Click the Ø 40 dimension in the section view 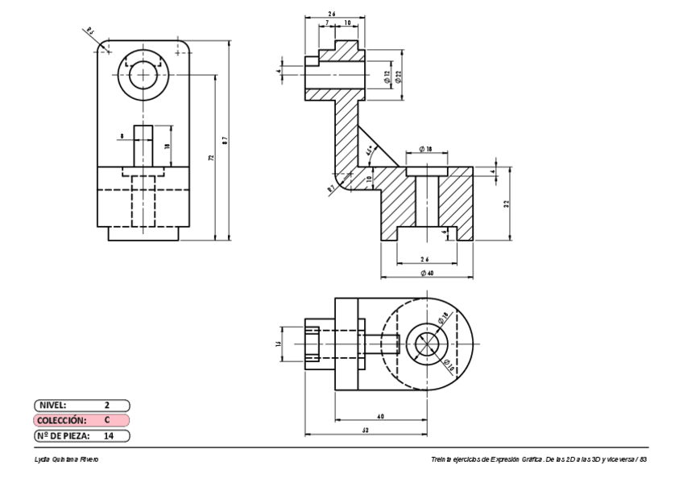click(x=426, y=274)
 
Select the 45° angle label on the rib click(x=370, y=150)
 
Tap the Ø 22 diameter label click(x=399, y=77)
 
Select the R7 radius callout click(x=331, y=189)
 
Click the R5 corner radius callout click(x=90, y=32)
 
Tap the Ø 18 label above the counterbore click(x=426, y=150)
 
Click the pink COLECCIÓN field click(x=81, y=420)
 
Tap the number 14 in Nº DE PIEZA click(x=108, y=435)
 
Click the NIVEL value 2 click(x=107, y=405)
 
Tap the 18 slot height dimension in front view click(x=167, y=146)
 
